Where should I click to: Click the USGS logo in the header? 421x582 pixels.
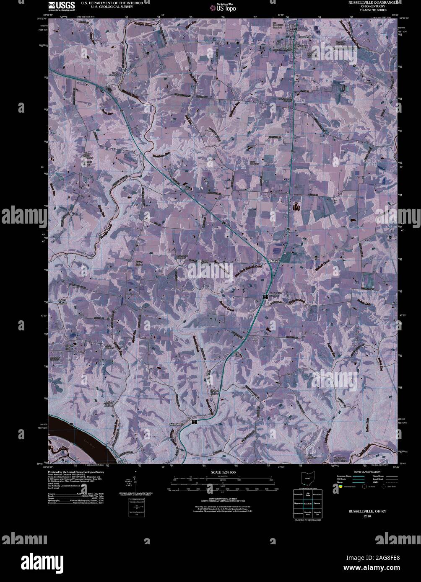click(61, 5)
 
